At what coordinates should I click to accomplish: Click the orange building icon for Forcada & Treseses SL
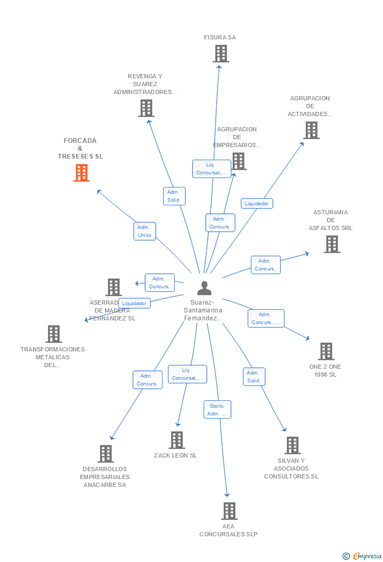pos(82,173)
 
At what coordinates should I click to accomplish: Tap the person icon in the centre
pos(204,288)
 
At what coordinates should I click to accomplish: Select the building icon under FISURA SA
pos(221,54)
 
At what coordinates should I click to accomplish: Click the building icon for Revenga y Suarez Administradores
pos(146,108)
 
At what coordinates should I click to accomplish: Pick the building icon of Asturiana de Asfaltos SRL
pos(331,244)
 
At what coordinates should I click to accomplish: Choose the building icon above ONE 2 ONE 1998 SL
pos(326,351)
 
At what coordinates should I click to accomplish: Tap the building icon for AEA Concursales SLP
pos(229,511)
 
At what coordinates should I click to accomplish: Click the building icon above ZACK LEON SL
pos(177,440)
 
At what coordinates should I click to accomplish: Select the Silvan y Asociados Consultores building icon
pos(293,445)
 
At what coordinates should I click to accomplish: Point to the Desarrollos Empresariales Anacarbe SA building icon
pos(106,454)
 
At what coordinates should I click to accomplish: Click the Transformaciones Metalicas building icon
pos(53,334)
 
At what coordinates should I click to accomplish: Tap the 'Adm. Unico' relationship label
pos(144,231)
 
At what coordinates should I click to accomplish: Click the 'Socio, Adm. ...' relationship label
pos(217,410)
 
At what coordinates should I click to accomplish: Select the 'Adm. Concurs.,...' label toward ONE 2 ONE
pos(266,318)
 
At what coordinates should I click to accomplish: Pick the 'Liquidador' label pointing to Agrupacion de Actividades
pos(257,204)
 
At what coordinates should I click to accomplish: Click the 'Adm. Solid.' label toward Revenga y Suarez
pos(174,196)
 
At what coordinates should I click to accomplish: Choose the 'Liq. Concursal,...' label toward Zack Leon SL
pos(187,374)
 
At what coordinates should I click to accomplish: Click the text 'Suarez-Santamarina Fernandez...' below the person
pos(203,310)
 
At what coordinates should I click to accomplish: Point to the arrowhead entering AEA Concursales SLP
pos(227,494)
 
